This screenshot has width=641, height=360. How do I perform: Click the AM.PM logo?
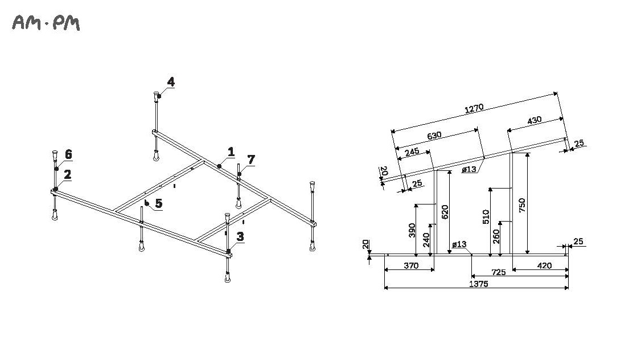(x=46, y=23)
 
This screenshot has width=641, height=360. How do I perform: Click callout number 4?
(x=170, y=82)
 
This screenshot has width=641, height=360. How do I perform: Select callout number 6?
(x=68, y=154)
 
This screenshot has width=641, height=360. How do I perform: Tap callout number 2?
(x=67, y=174)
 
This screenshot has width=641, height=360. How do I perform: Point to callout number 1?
(x=231, y=152)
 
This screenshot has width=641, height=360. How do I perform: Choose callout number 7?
(x=250, y=158)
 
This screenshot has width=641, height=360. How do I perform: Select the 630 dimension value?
(x=434, y=136)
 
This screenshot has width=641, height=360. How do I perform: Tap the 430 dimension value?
(x=534, y=120)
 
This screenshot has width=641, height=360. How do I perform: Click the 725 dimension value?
(x=498, y=272)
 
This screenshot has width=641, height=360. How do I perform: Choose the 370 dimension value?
(x=410, y=265)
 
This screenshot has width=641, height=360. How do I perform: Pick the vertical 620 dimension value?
(x=445, y=211)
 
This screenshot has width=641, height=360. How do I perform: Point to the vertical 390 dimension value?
(x=412, y=231)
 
